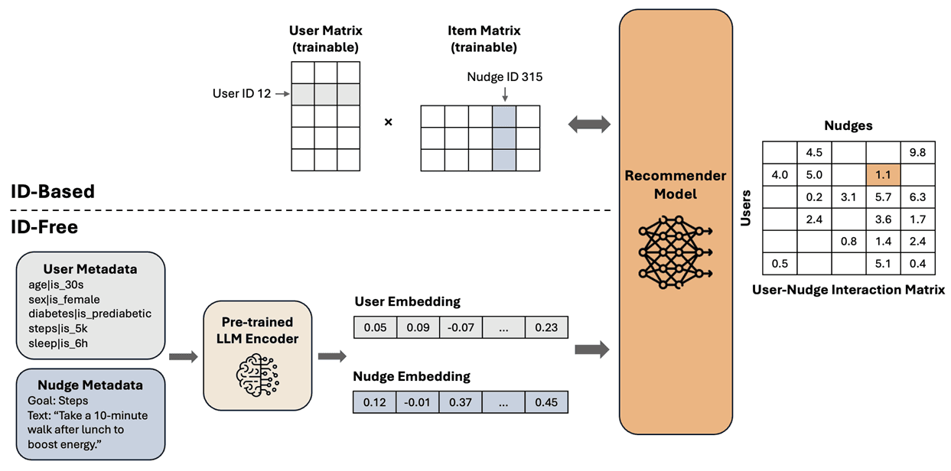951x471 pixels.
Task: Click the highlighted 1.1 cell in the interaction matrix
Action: (883, 175)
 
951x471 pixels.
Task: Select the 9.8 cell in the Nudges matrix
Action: (917, 152)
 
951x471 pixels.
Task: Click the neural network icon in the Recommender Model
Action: (676, 252)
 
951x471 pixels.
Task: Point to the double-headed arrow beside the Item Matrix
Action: (590, 124)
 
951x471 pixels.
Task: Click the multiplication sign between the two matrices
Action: (388, 122)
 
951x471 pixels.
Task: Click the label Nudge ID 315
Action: (505, 77)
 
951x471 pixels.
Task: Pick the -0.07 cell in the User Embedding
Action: (460, 327)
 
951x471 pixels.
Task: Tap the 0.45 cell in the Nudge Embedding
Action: (546, 402)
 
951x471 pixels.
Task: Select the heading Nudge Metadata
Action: (91, 385)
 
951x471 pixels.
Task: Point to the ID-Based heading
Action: (54, 191)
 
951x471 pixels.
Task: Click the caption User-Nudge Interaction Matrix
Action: (848, 290)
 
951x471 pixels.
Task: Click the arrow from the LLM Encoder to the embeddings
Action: (331, 356)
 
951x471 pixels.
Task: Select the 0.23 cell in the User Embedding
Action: (546, 327)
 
